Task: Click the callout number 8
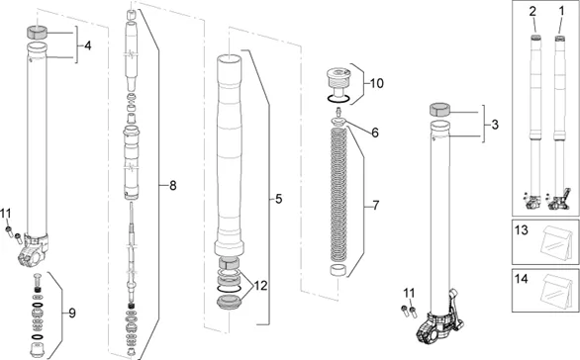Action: click(x=173, y=186)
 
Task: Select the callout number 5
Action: click(x=278, y=199)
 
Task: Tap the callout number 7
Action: click(x=376, y=205)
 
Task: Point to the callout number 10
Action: click(x=376, y=83)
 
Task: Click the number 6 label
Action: click(x=375, y=133)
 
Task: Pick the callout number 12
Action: click(x=260, y=286)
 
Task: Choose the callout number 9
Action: click(x=72, y=314)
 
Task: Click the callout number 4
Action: click(x=88, y=45)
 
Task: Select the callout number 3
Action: click(x=495, y=125)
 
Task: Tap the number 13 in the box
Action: click(x=522, y=230)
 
